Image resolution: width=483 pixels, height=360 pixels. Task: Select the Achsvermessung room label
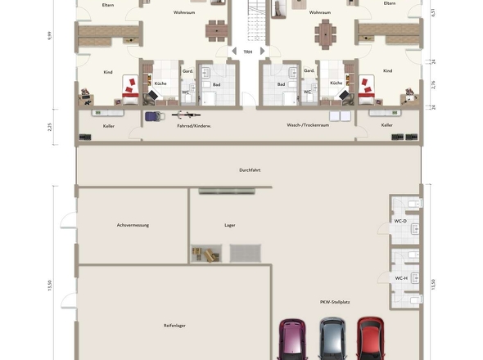pyautogui.click(x=133, y=224)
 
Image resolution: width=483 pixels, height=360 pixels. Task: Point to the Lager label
pyautogui.click(x=230, y=224)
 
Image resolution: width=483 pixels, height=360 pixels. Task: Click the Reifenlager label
pyautogui.click(x=174, y=325)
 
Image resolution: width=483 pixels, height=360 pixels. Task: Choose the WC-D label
pyautogui.click(x=400, y=221)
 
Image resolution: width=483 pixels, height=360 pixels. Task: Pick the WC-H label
pyautogui.click(x=400, y=277)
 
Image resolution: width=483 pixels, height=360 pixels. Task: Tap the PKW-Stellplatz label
pyautogui.click(x=335, y=302)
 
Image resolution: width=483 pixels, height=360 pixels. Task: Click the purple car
pyautogui.click(x=293, y=339)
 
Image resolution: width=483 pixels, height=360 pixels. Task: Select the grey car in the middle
pyautogui.click(x=332, y=339)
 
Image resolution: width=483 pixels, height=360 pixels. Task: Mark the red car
pyautogui.click(x=370, y=339)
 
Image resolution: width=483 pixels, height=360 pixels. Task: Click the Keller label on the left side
pyautogui.click(x=109, y=126)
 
